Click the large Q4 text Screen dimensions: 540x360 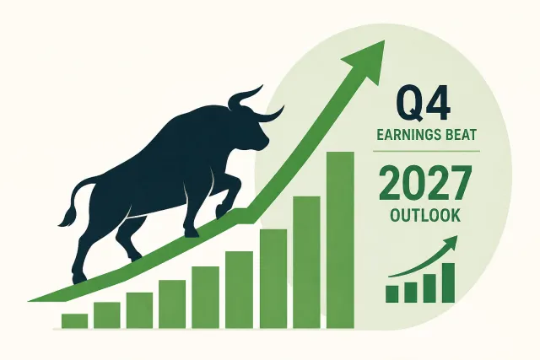pyautogui.click(x=424, y=103)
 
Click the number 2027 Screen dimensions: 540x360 pyautogui.click(x=425, y=183)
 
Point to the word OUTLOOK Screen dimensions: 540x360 pyautogui.click(x=425, y=216)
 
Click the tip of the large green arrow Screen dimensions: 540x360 pyautogui.click(x=385, y=40)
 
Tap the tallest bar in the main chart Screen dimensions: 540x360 pyautogui.click(x=340, y=240)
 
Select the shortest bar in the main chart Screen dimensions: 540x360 pyautogui.click(x=74, y=320)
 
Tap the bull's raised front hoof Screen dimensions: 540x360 pyautogui.click(x=221, y=211)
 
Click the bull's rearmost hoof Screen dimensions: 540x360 pyautogui.click(x=79, y=279)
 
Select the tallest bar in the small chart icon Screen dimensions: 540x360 pyautogui.click(x=448, y=283)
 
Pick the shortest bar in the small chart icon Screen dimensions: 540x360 pyautogui.click(x=392, y=294)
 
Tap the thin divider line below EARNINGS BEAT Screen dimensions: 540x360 pyautogui.click(x=426, y=151)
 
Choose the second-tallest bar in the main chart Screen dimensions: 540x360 pyautogui.click(x=306, y=262)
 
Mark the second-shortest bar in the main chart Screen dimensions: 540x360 pyautogui.click(x=107, y=315)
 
